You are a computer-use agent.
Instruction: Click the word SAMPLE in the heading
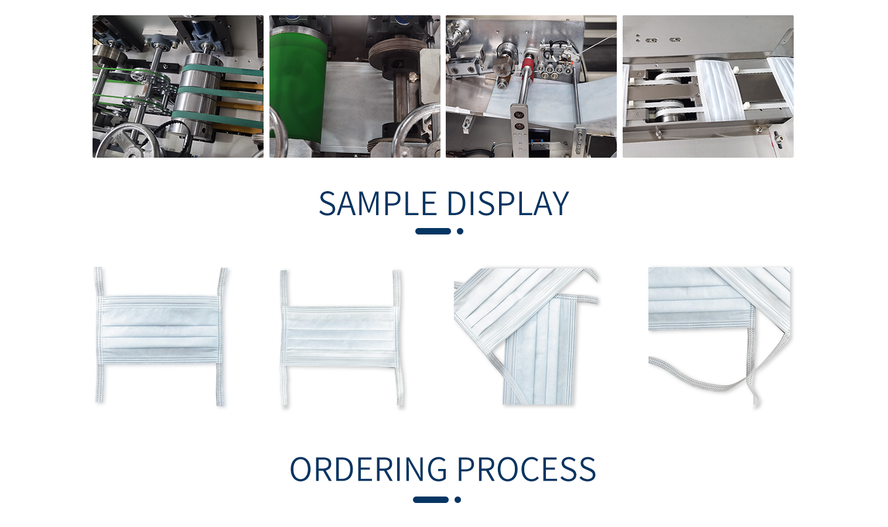(378, 204)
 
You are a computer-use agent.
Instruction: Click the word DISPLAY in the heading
(508, 204)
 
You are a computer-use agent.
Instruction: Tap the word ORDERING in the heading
(368, 469)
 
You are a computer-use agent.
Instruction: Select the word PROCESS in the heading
(527, 469)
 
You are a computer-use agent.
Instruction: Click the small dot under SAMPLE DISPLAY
(460, 232)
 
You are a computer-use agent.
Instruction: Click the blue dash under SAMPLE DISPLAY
(433, 232)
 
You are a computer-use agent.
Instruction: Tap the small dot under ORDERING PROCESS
(457, 499)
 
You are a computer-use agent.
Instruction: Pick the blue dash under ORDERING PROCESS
(431, 499)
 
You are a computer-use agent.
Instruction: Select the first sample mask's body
(160, 329)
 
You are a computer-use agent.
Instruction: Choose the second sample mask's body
(340, 336)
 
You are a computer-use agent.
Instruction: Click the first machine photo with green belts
(178, 87)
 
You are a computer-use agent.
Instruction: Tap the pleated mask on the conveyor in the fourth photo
(720, 90)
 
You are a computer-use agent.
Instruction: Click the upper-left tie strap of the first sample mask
(99, 282)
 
